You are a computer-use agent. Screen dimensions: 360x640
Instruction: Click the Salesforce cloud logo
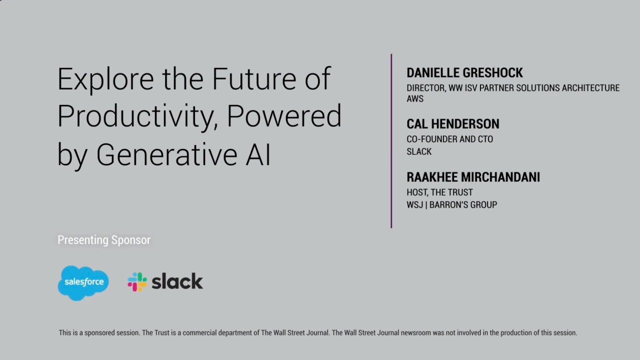(83, 282)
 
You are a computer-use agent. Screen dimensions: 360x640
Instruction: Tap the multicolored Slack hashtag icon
(137, 282)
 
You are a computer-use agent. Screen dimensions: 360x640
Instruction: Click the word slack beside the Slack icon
(177, 282)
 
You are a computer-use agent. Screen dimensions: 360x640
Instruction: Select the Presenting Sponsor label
(104, 240)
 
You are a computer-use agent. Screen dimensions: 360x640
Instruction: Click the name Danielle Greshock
(464, 73)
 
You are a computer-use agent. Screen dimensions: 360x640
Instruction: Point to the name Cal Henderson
(452, 124)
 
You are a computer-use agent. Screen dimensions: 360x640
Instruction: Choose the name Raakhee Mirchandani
(473, 177)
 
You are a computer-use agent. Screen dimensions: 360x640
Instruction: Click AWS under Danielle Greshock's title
(415, 99)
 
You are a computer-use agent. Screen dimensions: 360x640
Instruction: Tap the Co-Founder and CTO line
(449, 139)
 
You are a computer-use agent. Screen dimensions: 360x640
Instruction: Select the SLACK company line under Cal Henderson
(419, 152)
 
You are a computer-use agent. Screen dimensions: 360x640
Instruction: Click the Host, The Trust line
(439, 192)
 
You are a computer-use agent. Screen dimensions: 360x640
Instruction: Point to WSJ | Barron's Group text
(451, 204)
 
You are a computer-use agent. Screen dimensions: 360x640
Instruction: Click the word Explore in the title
(105, 79)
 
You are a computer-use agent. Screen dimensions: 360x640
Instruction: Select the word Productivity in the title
(137, 116)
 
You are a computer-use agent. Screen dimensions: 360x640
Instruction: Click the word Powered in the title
(284, 116)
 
